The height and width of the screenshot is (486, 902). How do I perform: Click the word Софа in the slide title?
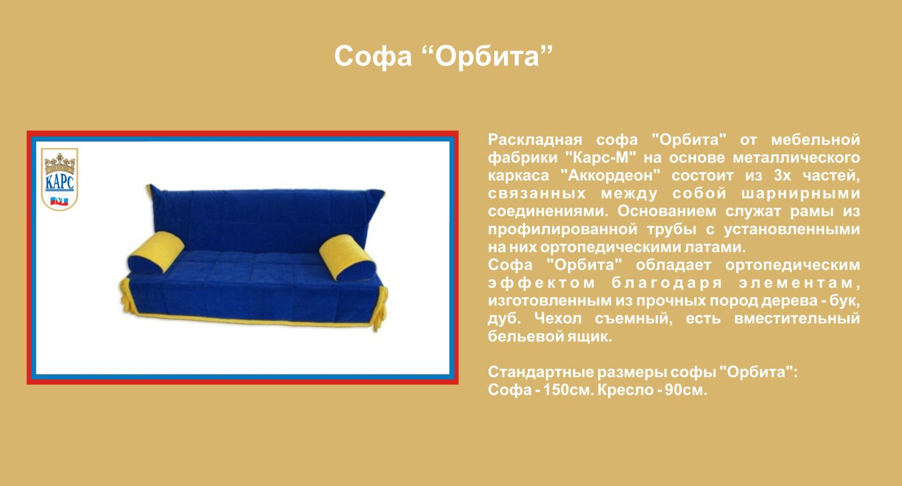373,56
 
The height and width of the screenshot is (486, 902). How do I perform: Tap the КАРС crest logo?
59,179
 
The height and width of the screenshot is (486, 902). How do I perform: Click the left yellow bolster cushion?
156,253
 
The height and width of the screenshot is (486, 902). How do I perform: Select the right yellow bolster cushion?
348,258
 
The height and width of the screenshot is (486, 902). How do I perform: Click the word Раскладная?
535,140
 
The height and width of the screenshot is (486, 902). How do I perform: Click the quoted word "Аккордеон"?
610,176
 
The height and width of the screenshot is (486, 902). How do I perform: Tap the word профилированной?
563,229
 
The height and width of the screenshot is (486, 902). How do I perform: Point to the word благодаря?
667,283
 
